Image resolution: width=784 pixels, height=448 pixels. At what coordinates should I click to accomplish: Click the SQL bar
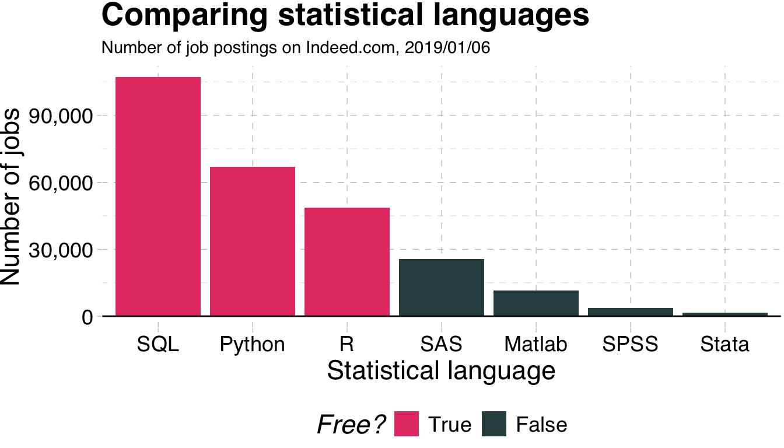point(158,196)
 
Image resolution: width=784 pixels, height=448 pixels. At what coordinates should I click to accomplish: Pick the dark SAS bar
point(442,287)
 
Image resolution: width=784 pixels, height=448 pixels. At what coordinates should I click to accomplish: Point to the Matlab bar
point(536,303)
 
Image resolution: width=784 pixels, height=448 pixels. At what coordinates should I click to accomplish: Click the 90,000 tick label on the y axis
point(65,116)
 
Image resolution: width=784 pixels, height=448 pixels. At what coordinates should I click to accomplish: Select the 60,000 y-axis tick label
point(65,183)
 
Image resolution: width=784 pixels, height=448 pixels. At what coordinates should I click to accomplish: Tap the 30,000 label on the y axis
point(65,250)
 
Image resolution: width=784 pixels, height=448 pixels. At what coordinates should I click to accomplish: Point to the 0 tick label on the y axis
point(87,317)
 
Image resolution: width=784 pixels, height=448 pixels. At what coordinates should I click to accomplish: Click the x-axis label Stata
point(724,344)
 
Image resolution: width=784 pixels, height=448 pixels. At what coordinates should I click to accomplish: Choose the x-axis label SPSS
point(630,344)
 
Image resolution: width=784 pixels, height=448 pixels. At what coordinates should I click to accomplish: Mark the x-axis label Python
point(252,344)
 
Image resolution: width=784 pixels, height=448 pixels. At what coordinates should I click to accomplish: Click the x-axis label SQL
point(158,344)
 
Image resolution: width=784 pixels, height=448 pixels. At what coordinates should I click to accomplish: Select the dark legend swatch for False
point(494,424)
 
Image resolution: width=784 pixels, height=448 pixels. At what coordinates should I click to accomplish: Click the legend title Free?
point(351,425)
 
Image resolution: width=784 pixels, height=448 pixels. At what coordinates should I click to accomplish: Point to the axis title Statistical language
point(441,371)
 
